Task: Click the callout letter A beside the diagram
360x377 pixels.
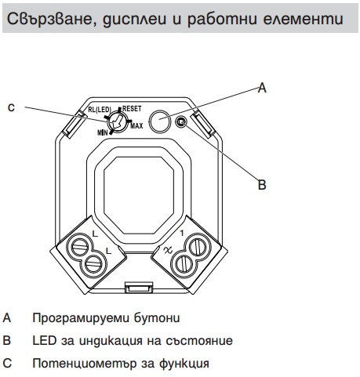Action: click(x=262, y=88)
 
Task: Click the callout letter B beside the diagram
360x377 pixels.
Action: click(x=262, y=184)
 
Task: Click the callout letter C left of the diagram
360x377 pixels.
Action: click(x=11, y=107)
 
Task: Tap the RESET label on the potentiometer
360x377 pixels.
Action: click(x=132, y=109)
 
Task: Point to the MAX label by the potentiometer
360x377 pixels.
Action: click(x=136, y=126)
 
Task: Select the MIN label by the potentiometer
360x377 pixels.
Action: click(x=102, y=132)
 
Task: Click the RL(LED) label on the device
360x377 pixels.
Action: click(x=100, y=110)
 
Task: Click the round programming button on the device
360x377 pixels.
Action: click(x=159, y=121)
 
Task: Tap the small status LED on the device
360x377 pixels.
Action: click(x=180, y=121)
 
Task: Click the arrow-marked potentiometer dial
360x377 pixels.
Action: click(x=117, y=121)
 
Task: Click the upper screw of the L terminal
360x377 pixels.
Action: click(x=79, y=246)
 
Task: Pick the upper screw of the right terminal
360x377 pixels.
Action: click(x=198, y=246)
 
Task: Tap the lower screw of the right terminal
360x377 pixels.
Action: click(x=184, y=264)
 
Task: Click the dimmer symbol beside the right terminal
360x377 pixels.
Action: click(x=168, y=251)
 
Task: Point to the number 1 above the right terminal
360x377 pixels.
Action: click(x=182, y=233)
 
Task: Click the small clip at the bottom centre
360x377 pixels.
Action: click(x=139, y=288)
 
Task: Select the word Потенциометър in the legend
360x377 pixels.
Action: click(x=83, y=363)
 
